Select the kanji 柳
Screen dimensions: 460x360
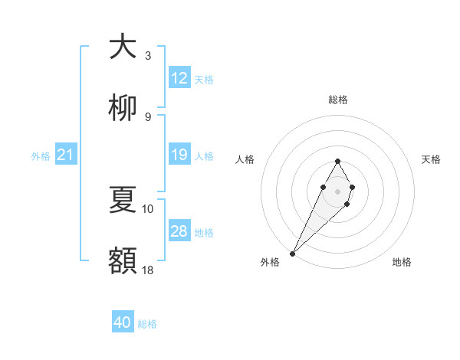[123, 109]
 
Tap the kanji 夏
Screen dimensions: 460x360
[123, 201]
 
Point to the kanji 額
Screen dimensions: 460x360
[123, 260]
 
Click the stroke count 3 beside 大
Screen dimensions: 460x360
[148, 55]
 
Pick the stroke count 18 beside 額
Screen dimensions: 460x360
[148, 270]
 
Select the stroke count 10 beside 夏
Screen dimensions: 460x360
[148, 208]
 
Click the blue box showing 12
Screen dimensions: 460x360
[179, 78]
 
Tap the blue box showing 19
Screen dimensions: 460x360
[179, 155]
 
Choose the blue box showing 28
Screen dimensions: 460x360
[179, 231]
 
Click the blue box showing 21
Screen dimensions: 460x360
[66, 155]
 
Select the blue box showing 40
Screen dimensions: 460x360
[123, 322]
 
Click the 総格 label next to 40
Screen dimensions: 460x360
[147, 324]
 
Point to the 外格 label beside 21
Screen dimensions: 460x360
[41, 156]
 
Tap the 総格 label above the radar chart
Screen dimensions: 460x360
[337, 100]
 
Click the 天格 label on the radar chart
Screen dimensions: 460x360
[432, 159]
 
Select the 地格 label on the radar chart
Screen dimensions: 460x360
[402, 263]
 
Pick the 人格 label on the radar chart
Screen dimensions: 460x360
[245, 159]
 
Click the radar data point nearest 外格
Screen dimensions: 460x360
[292, 253]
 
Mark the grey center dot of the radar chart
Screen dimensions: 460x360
[337, 190]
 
